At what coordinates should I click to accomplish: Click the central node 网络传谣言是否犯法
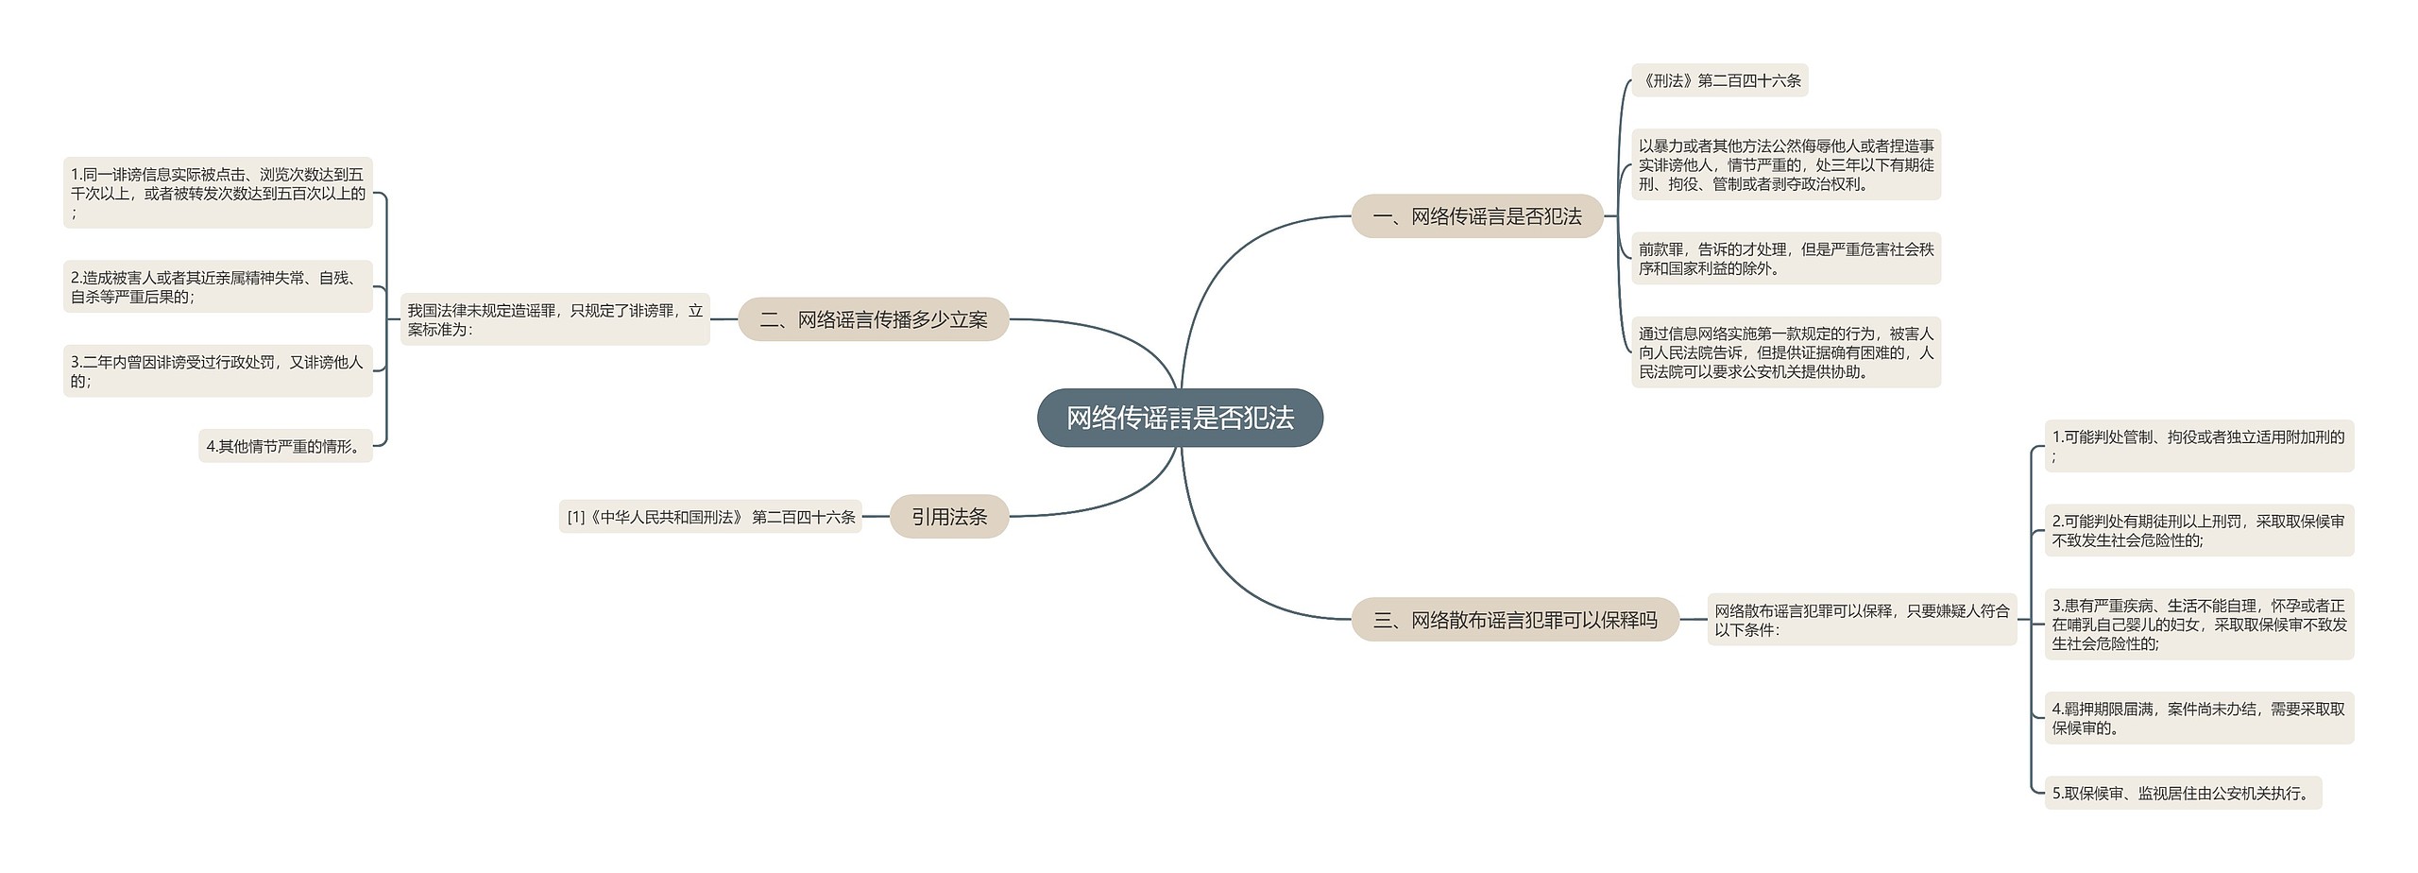pos(1180,418)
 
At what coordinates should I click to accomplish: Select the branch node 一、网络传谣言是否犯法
pos(1476,216)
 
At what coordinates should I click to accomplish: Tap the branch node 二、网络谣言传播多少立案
pos(873,319)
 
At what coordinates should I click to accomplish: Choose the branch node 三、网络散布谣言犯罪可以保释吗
pos(1515,620)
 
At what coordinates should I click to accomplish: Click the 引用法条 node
pos(948,517)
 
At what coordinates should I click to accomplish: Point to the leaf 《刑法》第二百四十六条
pos(1719,80)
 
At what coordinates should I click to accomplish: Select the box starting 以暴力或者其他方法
pos(1785,164)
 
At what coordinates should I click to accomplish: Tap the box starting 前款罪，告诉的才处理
pos(1785,258)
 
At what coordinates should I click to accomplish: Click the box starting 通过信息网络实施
pos(1785,352)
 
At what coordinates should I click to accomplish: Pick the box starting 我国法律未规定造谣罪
pos(554,319)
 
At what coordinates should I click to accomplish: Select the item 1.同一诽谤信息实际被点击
pos(217,193)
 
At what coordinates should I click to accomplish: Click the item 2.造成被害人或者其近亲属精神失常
pos(217,286)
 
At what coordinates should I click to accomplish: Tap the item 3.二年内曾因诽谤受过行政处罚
pos(217,370)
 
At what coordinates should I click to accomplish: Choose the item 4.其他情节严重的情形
pos(285,446)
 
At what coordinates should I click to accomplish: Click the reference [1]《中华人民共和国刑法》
pos(710,517)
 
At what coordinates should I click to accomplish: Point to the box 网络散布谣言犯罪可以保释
pos(1861,620)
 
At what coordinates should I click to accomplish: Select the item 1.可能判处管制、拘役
pos(2198,446)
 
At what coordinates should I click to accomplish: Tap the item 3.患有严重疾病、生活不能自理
pos(2198,625)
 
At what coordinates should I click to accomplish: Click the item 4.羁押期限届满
pos(2198,718)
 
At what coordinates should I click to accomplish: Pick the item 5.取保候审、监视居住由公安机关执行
pos(2182,794)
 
